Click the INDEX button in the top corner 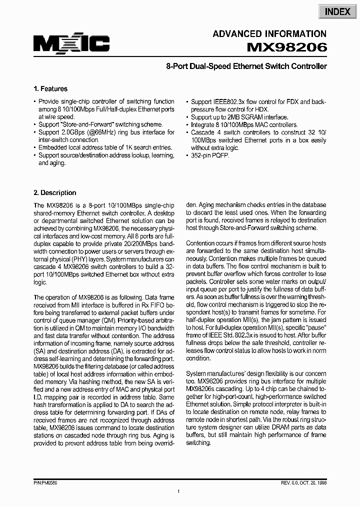pos(337,11)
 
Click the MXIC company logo pos(71,44)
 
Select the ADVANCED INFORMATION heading pos(269,34)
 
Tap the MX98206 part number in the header pos(287,47)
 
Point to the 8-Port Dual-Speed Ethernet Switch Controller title pos(246,66)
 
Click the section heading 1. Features pos(50,89)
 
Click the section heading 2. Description pos(55,192)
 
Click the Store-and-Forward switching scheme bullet pos(100,124)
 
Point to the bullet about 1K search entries pos(105,147)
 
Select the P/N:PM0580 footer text pos(46,483)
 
